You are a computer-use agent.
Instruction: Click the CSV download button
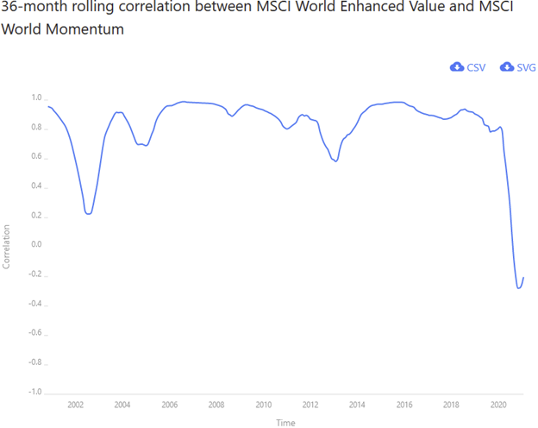[467, 67]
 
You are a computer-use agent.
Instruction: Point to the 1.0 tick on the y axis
[36, 98]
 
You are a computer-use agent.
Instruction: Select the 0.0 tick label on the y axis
[36, 244]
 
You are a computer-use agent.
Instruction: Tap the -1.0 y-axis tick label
[34, 392]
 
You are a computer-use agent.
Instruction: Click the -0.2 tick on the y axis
[34, 274]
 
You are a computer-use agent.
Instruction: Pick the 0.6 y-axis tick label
[36, 156]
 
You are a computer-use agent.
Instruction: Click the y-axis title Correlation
[7, 246]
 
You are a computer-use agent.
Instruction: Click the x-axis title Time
[285, 422]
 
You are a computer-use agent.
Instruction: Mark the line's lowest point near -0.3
[519, 287]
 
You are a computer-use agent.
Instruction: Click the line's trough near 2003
[89, 213]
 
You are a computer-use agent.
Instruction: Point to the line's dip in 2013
[335, 161]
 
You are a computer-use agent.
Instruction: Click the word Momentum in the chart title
[87, 29]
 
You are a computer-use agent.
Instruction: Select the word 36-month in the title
[32, 8]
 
